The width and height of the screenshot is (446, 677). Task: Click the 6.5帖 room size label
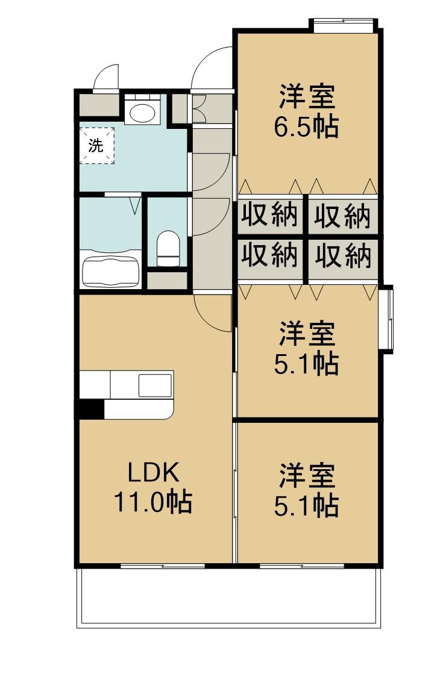pos(306,128)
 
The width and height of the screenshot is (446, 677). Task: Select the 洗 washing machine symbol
pos(96,145)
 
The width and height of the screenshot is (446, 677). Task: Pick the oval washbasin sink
pos(142,113)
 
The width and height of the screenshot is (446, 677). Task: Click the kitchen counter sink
pos(155,385)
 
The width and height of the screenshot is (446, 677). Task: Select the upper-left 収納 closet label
pos(271,216)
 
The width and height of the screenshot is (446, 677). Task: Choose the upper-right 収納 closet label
pos(343,216)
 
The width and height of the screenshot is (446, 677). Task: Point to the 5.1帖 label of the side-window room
pos(306,364)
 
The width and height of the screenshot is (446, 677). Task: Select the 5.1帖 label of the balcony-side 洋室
pos(306,506)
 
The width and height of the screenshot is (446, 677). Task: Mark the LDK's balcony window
pos(162,566)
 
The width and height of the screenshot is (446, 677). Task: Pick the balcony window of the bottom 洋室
pos(301,566)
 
